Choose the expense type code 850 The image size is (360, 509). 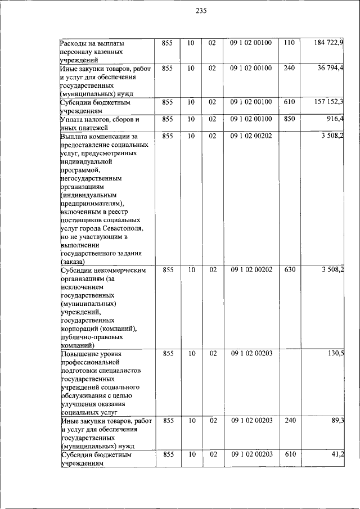tap(290, 119)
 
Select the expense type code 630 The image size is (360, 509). tap(290, 270)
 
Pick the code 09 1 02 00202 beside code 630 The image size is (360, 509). tap(251, 270)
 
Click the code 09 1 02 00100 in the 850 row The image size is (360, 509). tap(251, 119)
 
